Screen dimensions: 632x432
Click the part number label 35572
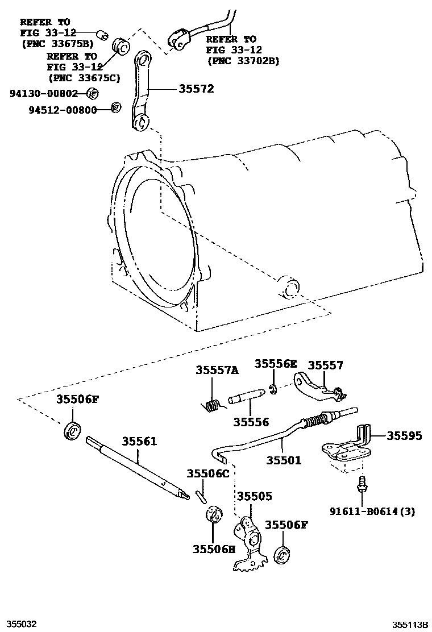pos(196,89)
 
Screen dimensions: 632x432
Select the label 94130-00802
pos(43,93)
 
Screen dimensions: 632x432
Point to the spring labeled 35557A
pos(212,405)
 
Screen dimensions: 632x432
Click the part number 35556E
pos(275,364)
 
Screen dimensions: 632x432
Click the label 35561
pos(139,441)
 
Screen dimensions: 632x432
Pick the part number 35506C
pos(207,473)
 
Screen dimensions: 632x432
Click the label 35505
pos(254,496)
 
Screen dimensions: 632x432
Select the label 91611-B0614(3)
pos(372,511)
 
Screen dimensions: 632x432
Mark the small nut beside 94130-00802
pos(94,93)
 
